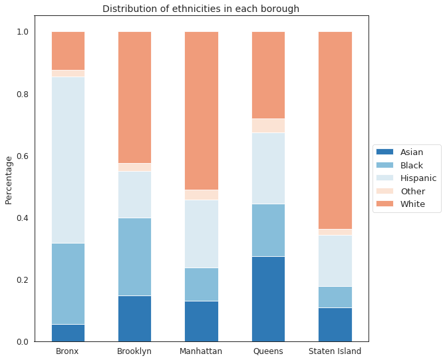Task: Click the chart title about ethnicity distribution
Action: [x=200, y=9]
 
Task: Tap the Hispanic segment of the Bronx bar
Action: [x=68, y=160]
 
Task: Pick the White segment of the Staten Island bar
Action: [x=335, y=130]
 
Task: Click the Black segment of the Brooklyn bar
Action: [x=134, y=257]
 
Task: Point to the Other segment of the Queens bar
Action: [x=268, y=126]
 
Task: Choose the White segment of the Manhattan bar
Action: [x=202, y=110]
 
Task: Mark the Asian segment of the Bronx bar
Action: [x=68, y=333]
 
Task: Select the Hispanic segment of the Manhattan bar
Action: [x=202, y=234]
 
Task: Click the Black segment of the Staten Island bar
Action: [x=335, y=297]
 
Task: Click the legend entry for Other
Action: [x=412, y=191]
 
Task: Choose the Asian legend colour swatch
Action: [x=385, y=152]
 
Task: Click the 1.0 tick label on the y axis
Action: [x=21, y=32]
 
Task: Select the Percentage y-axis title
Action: [x=9, y=180]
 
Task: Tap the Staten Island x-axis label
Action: [x=335, y=351]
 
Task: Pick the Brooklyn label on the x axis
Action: [x=134, y=351]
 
